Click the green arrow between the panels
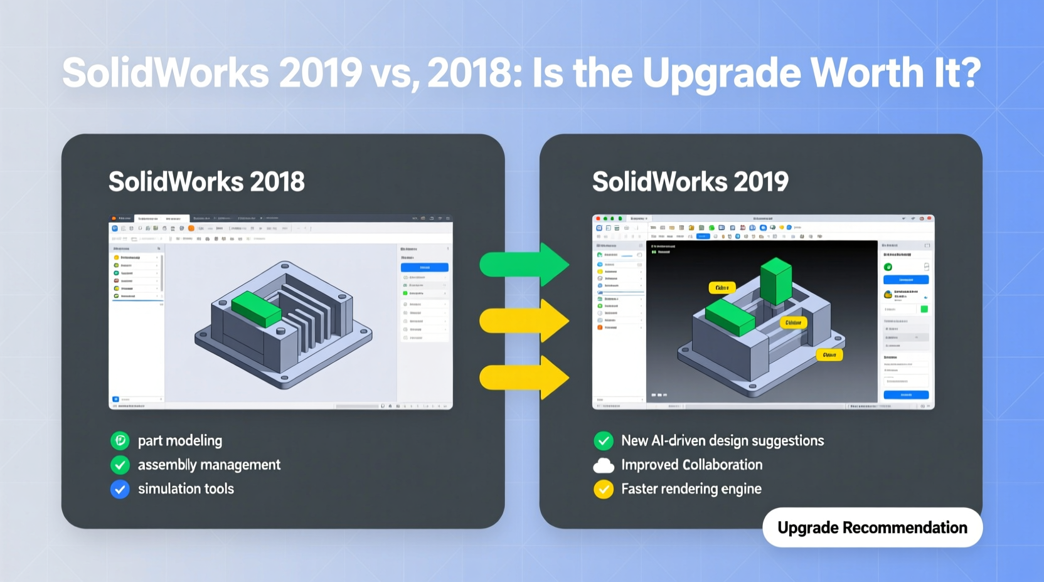[525, 265]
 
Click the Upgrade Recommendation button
[872, 527]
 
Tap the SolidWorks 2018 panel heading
[206, 182]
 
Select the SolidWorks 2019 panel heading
[690, 182]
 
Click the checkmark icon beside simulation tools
[120, 489]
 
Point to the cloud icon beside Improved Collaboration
[604, 465]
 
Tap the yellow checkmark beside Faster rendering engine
[604, 489]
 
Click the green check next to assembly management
[120, 465]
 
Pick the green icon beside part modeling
[120, 441]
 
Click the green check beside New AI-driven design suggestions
[604, 441]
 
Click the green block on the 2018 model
[257, 308]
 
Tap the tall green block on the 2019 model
[776, 281]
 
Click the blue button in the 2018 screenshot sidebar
[424, 267]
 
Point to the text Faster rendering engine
[691, 489]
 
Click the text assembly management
[209, 465]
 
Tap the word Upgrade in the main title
[722, 74]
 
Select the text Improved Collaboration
[691, 465]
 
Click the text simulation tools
[186, 489]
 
